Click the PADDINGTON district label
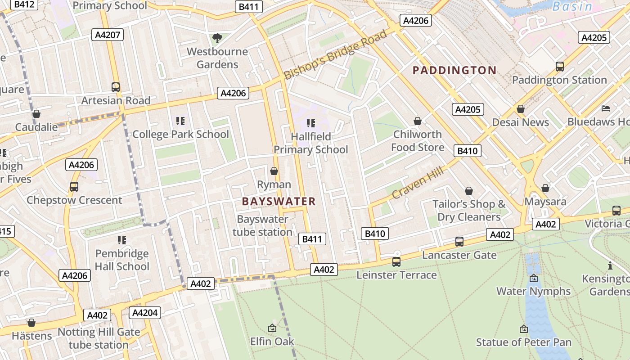[454, 70]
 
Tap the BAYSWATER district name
[279, 201]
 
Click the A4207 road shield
[107, 35]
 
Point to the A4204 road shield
[144, 312]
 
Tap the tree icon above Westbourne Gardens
[217, 38]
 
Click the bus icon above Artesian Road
[116, 87]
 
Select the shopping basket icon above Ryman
[274, 171]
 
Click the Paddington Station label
[559, 80]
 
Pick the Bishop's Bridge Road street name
[336, 54]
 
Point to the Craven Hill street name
[418, 182]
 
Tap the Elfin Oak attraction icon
[272, 328]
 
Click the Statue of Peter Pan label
[524, 342]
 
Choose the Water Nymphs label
[533, 291]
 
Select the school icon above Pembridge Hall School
[122, 240]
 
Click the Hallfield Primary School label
[310, 143]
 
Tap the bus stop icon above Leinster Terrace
[396, 261]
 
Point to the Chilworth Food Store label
[418, 141]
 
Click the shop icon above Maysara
[545, 188]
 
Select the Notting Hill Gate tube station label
[99, 339]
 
